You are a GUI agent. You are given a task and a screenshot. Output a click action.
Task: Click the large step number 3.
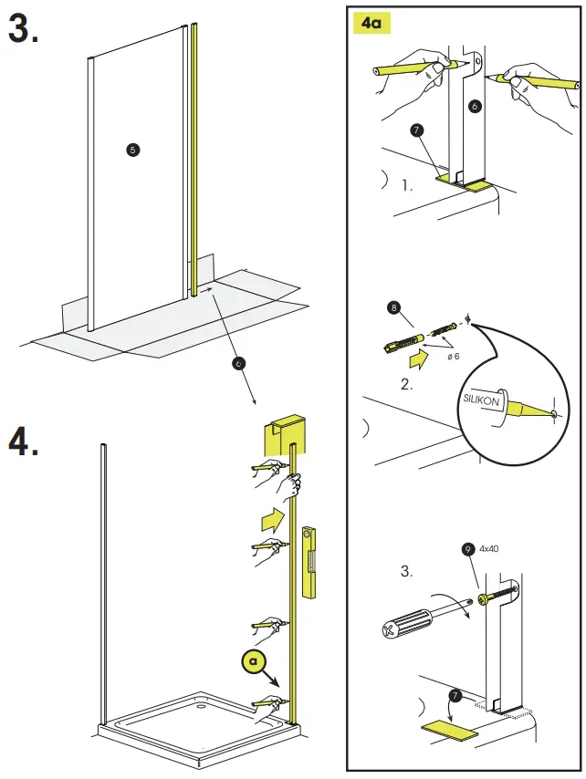pyautogui.click(x=23, y=29)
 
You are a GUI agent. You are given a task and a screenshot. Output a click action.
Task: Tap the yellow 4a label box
pyautogui.click(x=371, y=23)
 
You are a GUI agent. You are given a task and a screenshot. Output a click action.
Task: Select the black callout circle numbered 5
pyautogui.click(x=132, y=150)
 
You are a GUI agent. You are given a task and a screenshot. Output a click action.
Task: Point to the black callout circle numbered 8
pyautogui.click(x=393, y=308)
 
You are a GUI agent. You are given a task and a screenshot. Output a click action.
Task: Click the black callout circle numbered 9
pyautogui.click(x=467, y=549)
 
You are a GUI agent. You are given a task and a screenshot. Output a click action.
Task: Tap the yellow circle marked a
pyautogui.click(x=254, y=661)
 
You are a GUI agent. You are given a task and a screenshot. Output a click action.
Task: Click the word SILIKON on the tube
pyautogui.click(x=481, y=400)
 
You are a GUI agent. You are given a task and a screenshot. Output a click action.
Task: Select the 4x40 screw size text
pyautogui.click(x=488, y=548)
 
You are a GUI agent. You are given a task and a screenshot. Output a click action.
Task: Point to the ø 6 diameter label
pyautogui.click(x=454, y=357)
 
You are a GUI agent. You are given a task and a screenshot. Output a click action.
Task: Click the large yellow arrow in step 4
pyautogui.click(x=273, y=520)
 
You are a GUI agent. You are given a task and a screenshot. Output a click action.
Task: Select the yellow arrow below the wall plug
pyautogui.click(x=418, y=358)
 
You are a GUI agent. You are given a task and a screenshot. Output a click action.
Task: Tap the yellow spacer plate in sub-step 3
pyautogui.click(x=449, y=730)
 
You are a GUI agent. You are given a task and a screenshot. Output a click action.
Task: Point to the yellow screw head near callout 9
pyautogui.click(x=483, y=599)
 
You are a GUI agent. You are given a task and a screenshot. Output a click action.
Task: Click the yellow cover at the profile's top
pyautogui.click(x=284, y=433)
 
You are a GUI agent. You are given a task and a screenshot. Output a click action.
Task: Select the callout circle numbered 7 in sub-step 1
pyautogui.click(x=416, y=130)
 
